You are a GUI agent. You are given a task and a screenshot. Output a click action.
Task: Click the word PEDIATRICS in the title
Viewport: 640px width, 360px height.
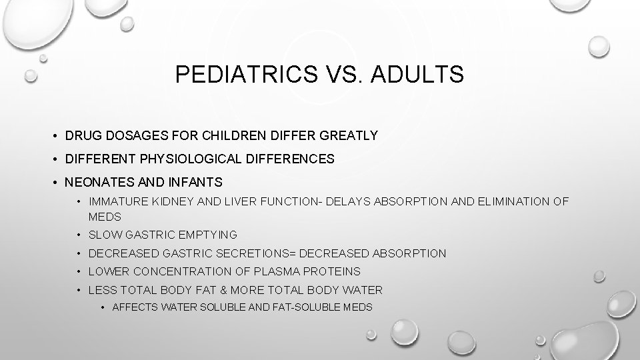click(x=243, y=75)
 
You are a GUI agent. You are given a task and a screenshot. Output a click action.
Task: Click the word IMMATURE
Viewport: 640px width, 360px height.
click(x=115, y=201)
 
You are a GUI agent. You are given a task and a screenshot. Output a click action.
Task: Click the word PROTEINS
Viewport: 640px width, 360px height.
click(x=333, y=271)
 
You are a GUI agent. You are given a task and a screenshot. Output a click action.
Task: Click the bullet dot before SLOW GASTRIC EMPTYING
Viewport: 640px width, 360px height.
click(x=79, y=235)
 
